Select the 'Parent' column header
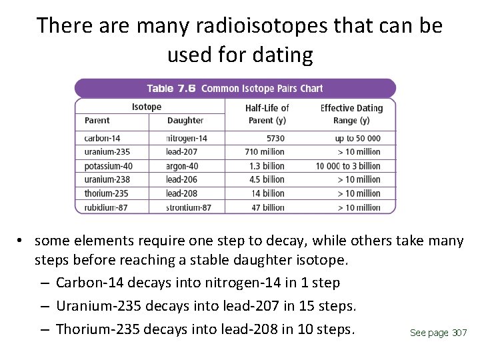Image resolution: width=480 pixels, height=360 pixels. click(x=97, y=121)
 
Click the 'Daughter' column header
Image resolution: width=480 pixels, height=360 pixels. click(x=185, y=121)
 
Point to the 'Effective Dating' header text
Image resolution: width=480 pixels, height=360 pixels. click(x=351, y=108)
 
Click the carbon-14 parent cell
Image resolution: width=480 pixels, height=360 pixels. click(x=103, y=138)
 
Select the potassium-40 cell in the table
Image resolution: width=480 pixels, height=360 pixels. click(x=109, y=165)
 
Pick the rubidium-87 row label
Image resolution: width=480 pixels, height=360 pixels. click(x=106, y=207)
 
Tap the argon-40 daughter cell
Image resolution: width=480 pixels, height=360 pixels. click(x=183, y=165)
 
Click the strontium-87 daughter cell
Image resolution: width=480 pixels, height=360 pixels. click(x=189, y=207)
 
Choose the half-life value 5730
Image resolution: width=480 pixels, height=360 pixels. click(x=275, y=138)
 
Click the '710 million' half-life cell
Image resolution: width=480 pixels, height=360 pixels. click(x=265, y=151)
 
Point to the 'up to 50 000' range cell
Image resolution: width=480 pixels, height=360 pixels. click(x=358, y=138)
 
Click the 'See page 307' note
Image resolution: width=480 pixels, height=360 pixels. click(x=438, y=333)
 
